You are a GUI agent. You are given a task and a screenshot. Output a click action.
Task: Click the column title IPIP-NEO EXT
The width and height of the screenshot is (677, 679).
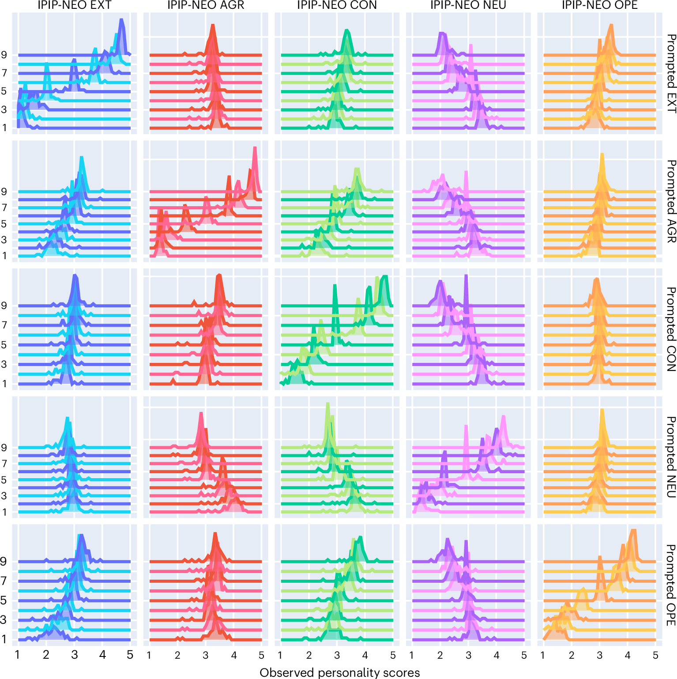74,5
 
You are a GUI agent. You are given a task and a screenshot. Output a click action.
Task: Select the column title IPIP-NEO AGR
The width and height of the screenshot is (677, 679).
205,5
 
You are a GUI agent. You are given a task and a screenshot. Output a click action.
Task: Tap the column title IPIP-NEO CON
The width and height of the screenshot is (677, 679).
337,5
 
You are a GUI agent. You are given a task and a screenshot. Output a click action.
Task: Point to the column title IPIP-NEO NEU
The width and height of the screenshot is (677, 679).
468,5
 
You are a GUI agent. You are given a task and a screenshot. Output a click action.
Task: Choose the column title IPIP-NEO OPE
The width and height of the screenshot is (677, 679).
599,5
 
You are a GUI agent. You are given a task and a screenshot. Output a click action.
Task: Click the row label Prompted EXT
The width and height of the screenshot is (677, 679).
670,73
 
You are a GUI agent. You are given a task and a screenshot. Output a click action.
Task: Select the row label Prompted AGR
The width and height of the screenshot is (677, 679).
670,201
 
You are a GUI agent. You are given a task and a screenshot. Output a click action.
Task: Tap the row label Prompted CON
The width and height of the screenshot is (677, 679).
670,329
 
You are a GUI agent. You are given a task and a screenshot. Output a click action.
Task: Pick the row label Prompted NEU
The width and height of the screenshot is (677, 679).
670,457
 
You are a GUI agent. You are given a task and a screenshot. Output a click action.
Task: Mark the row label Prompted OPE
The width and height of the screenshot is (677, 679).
670,585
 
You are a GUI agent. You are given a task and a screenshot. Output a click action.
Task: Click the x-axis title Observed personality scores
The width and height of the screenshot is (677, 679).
339,672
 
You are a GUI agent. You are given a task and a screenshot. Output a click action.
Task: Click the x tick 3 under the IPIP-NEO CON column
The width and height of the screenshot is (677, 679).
337,655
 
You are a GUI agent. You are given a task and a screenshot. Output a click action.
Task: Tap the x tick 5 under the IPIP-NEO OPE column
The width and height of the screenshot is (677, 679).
655,655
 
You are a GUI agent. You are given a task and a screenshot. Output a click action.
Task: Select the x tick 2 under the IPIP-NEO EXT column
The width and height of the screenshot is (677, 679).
46,655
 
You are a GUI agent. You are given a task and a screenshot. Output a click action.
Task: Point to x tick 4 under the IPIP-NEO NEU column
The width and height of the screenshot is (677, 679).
496,655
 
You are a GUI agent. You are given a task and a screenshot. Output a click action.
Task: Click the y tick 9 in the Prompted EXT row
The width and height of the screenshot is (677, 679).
4,55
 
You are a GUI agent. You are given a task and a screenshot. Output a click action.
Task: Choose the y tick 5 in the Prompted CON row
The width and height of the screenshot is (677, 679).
4,345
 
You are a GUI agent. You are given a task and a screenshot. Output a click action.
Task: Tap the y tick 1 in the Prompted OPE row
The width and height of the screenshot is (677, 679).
4,639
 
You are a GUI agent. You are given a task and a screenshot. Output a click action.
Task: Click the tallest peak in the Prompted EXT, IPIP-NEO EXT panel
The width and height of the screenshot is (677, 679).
121,20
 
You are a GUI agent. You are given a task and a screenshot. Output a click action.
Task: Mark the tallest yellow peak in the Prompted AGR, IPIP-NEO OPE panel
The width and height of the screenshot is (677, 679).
602,155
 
